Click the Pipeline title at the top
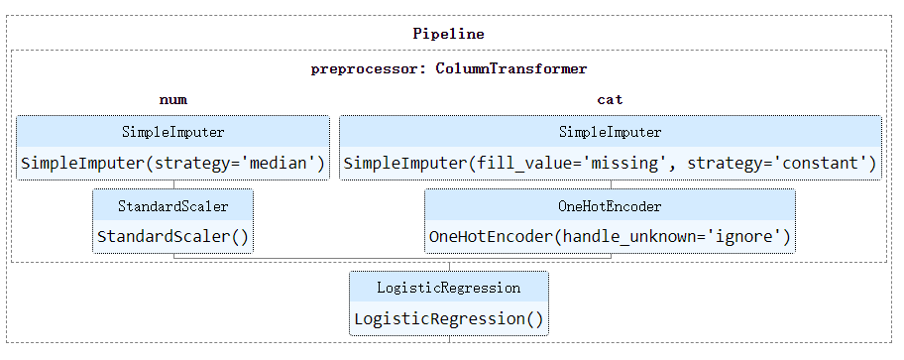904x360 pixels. [x=449, y=34]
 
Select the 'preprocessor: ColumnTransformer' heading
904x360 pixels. [x=449, y=69]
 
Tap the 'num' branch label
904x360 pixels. [x=172, y=100]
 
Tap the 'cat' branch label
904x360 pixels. [x=610, y=100]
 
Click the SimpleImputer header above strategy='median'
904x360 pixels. [x=172, y=132]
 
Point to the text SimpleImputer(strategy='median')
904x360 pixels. [x=172, y=164]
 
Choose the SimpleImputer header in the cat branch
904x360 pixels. [x=610, y=132]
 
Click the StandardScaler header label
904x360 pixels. [x=172, y=206]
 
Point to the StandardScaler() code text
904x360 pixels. [x=172, y=237]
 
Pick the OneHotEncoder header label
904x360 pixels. [x=610, y=206]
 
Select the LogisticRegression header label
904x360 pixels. [x=449, y=288]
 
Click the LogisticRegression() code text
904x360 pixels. [x=449, y=319]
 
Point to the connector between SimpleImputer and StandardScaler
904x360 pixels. [x=173, y=184]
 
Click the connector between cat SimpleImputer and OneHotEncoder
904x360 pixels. [x=611, y=184]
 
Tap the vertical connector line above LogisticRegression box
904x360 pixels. [x=449, y=265]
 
